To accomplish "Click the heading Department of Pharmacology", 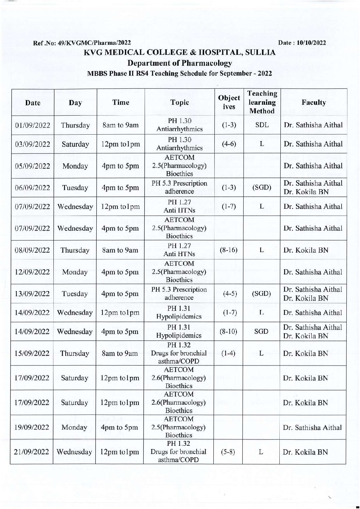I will (x=180, y=63).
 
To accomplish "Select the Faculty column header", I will (x=313, y=102).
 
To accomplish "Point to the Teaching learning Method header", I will (x=262, y=102).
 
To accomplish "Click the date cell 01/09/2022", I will (x=33, y=125).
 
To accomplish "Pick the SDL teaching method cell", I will (x=262, y=125).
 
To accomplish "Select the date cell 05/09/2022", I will (x=33, y=166).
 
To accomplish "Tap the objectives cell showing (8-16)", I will (x=229, y=250).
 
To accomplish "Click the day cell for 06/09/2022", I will (x=75, y=188).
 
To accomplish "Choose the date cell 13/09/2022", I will (x=33, y=294).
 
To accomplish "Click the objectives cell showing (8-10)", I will (x=229, y=332).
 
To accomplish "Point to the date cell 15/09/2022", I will (x=33, y=353).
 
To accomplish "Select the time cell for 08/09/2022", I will (x=120, y=250).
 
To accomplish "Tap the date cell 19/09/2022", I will (x=33, y=427).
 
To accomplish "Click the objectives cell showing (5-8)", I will (x=229, y=452).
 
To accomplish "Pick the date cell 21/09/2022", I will (x=33, y=452).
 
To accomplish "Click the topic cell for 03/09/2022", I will (x=179, y=144).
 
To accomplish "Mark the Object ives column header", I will (x=229, y=102).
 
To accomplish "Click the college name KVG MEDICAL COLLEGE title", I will (x=180, y=53).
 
